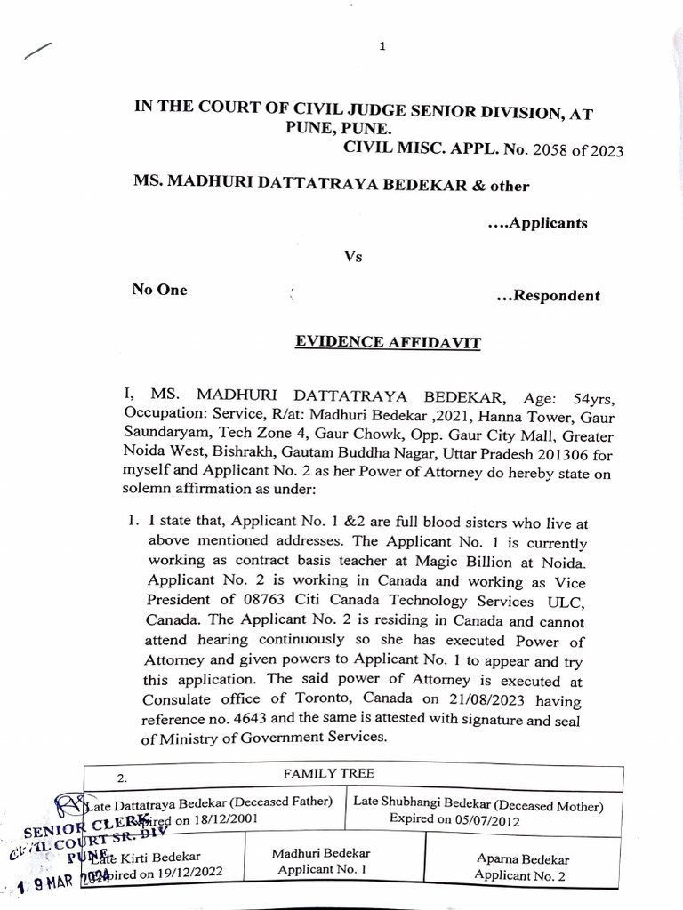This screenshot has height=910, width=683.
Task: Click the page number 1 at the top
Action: [382, 47]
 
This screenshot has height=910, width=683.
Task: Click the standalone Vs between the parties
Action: [354, 257]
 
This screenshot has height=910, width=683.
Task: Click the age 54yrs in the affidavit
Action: [583, 394]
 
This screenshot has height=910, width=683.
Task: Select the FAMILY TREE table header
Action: [320, 774]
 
